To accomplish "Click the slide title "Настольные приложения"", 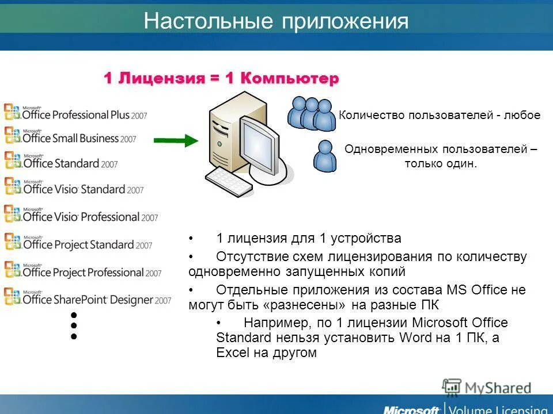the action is [276, 22].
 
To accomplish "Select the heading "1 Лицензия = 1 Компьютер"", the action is [222, 79].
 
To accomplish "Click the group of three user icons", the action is [312, 113].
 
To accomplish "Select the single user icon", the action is [325, 156].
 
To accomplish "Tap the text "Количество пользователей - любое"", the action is [440, 115].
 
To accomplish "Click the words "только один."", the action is [441, 164].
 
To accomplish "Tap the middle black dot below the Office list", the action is [74, 326].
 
